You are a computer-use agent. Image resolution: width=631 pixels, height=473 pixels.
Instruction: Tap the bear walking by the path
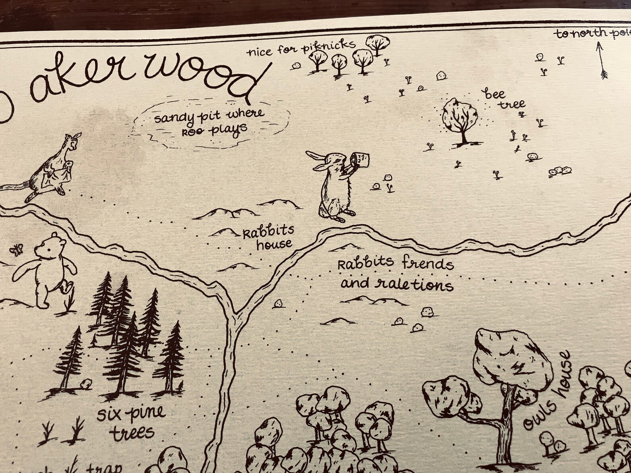47,270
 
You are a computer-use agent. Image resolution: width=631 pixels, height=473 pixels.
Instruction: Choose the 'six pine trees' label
132,421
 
